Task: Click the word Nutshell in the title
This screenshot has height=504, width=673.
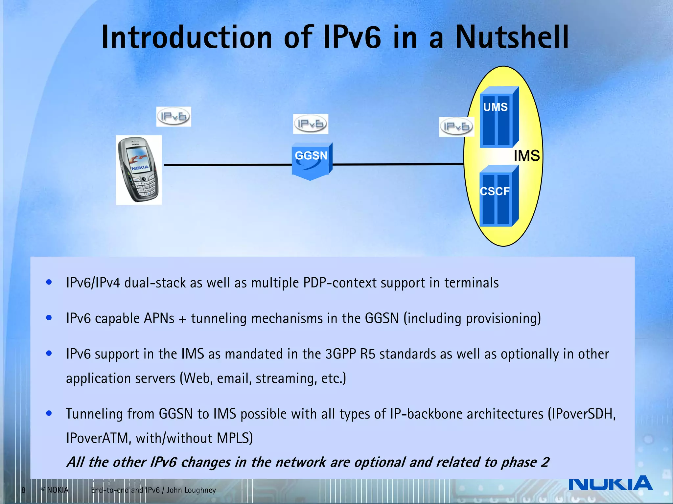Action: (512, 37)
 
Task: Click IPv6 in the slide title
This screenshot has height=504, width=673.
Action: (352, 37)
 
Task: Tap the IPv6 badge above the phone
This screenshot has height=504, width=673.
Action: (174, 117)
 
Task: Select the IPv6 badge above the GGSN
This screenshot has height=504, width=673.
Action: (311, 124)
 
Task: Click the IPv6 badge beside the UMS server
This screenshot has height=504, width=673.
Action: (456, 127)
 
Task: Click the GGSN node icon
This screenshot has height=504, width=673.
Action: (312, 161)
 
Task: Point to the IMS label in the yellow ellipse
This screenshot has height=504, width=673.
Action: (526, 156)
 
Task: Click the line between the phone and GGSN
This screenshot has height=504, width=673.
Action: (227, 165)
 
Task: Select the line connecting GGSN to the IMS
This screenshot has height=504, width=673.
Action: (398, 164)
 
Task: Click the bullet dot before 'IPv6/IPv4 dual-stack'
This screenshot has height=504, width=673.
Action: (49, 282)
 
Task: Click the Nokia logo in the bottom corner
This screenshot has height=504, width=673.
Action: (610, 483)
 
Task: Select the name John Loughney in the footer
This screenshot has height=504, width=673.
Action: (191, 490)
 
